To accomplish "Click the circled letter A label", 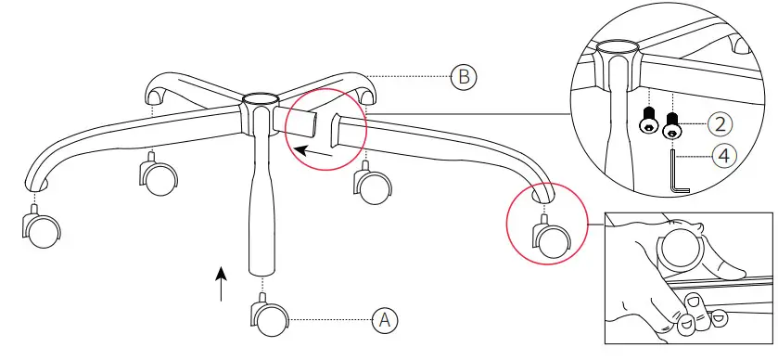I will tap(384, 320).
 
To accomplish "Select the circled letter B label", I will tap(463, 77).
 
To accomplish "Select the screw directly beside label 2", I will tap(671, 122).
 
